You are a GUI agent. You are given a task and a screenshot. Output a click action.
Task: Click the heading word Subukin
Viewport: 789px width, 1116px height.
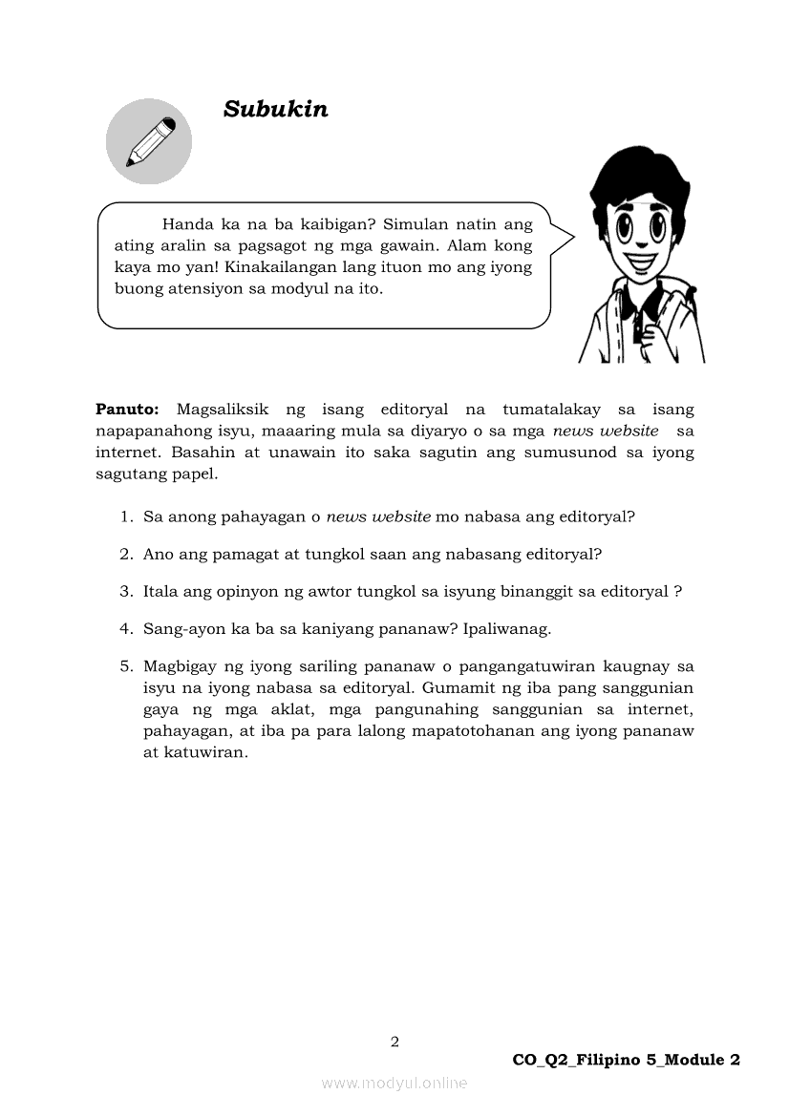tap(275, 110)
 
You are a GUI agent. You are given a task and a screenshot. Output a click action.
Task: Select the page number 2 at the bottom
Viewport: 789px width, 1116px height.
tap(394, 1042)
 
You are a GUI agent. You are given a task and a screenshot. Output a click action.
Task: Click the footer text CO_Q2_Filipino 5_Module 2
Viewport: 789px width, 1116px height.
tap(626, 1060)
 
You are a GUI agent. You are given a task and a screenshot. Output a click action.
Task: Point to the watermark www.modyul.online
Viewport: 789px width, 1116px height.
tap(394, 1083)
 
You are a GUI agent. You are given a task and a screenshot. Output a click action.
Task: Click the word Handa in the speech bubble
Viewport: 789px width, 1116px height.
tap(186, 225)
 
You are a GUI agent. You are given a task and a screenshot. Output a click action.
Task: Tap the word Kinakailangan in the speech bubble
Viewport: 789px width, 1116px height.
tap(276, 267)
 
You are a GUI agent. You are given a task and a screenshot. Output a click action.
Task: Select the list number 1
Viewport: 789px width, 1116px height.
tap(125, 516)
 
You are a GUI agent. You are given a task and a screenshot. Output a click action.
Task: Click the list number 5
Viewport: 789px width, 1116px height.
tap(125, 665)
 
